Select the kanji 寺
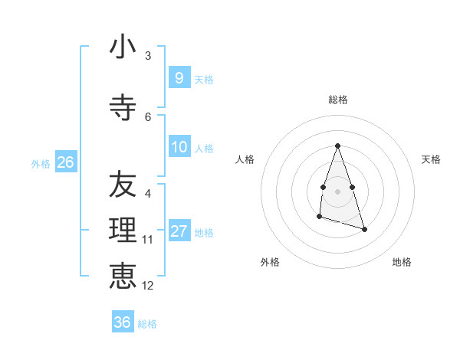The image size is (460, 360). pos(123,108)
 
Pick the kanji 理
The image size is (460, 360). pos(123,231)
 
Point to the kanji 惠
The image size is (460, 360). pos(123,277)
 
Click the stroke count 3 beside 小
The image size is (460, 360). pos(148,56)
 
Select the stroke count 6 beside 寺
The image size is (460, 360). pos(148,117)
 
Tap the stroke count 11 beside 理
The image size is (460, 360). pos(148,240)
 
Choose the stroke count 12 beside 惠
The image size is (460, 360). pos(148,286)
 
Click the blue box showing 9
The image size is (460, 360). pos(179,77)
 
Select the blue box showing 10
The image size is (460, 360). pos(179,146)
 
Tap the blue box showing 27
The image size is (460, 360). pos(179,231)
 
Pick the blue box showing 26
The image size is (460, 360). pos(65,162)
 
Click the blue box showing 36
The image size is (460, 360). pos(123,322)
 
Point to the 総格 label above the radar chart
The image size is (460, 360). pos(338,100)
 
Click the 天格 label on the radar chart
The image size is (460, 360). pos(431,159)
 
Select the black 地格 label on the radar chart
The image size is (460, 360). pos(402,262)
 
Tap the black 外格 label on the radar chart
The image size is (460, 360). pos(270,262)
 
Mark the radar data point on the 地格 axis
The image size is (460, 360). pos(364,229)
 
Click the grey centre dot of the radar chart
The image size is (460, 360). pos(337,191)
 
